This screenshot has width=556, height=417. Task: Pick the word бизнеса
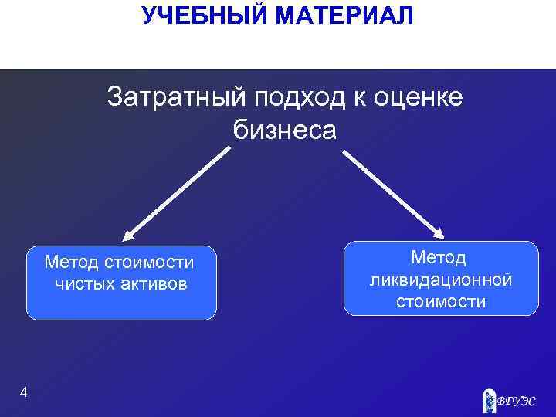click(285, 131)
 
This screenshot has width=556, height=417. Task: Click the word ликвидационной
click(441, 279)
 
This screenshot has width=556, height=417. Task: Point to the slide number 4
click(24, 393)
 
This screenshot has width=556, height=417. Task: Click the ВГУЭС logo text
click(515, 401)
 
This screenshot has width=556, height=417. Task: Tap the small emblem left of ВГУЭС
click(488, 399)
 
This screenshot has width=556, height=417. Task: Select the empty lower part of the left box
click(121, 307)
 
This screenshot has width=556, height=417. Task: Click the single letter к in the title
click(358, 98)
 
